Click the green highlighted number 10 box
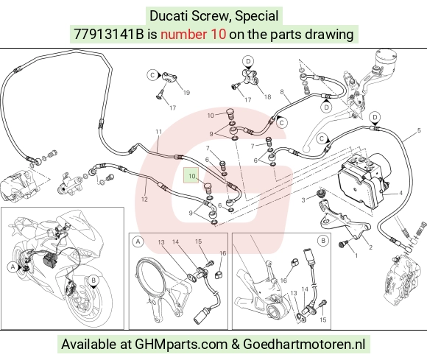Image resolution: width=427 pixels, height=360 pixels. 191,175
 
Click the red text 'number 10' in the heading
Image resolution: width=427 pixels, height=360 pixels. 193,35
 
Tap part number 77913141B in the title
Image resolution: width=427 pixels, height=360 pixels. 109,35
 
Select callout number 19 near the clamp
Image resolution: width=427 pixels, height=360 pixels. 186,93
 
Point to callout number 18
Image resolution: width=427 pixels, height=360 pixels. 267,96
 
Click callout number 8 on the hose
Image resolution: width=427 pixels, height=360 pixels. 282,92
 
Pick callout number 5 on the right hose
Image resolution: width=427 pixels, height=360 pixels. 419,130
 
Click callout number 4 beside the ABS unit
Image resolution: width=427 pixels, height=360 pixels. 400,193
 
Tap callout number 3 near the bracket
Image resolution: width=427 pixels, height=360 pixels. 303,200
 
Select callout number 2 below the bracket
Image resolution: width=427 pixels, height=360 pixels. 370,247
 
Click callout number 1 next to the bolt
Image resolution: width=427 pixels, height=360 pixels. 356,255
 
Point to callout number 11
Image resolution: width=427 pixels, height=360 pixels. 159,132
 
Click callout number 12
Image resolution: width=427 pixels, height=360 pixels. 144,200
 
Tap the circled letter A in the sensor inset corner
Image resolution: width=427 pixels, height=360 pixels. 138,241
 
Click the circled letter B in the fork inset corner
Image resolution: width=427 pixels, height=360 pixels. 323,241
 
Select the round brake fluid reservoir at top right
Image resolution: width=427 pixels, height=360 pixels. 385,60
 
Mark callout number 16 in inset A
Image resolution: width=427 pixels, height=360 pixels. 223,253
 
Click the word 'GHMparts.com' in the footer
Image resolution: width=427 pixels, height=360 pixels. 181,345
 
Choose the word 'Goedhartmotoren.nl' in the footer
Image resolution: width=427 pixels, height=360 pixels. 304,345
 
